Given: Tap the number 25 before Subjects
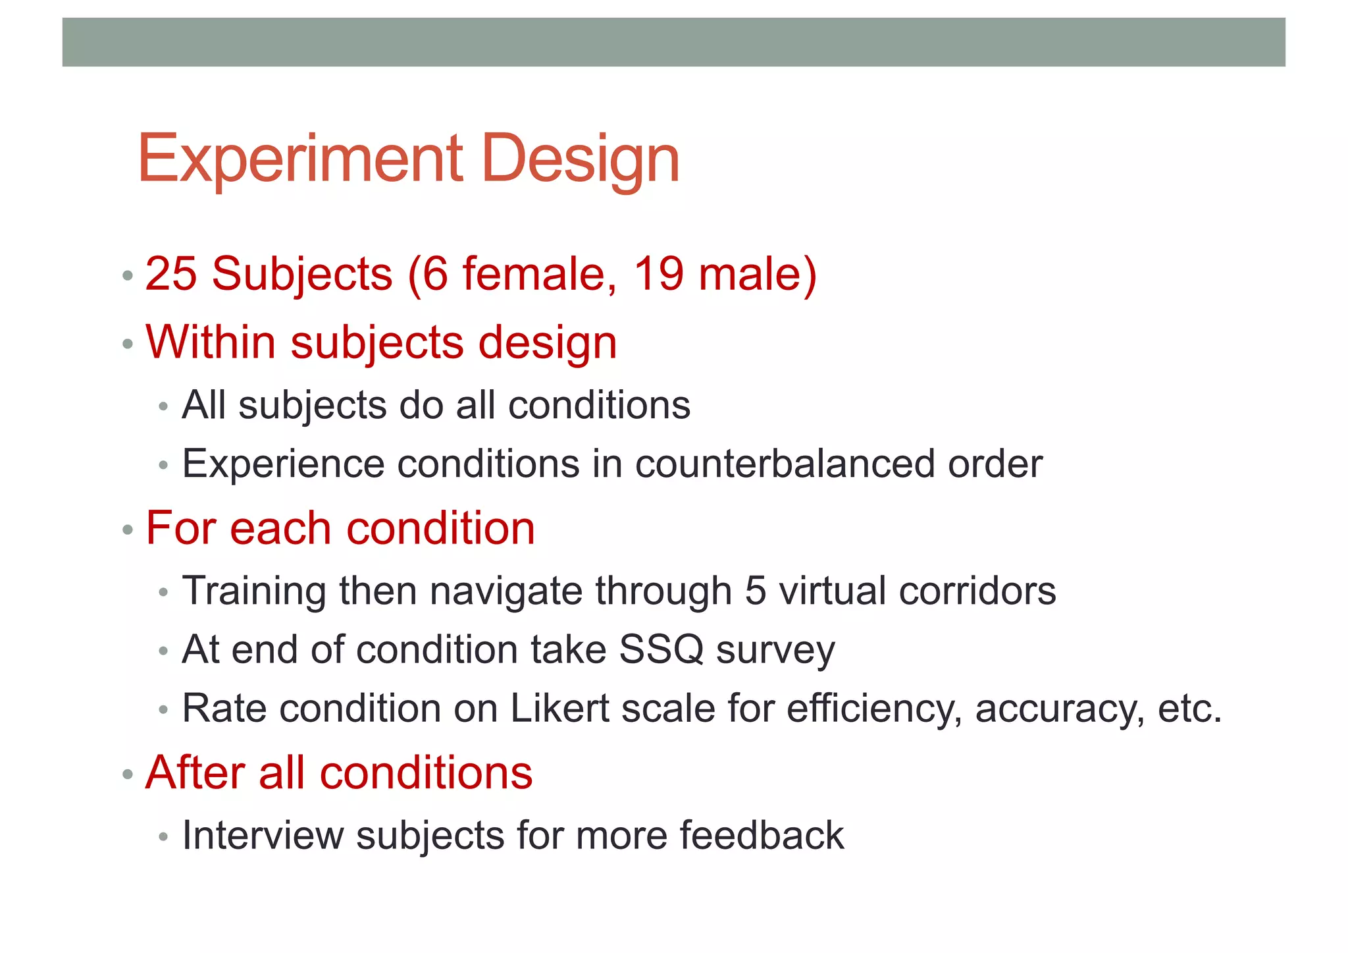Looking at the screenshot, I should coord(170,273).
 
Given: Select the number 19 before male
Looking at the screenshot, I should coord(659,273).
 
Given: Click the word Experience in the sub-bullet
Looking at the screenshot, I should coord(283,464).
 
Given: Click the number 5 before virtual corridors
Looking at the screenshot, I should coord(756,591).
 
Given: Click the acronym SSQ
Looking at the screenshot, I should coord(661,649).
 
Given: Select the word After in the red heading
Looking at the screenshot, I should coord(195,773).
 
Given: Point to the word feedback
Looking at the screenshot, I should coord(762,835).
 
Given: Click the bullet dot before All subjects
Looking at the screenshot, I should coord(163,407).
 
